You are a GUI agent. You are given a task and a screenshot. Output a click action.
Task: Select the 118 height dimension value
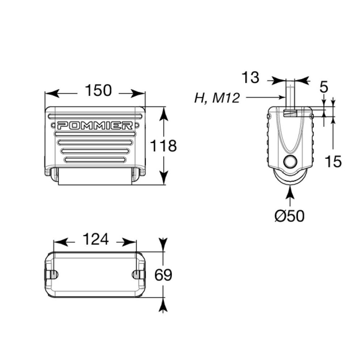pos(164,146)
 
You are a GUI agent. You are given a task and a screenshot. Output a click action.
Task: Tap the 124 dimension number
pos(96,239)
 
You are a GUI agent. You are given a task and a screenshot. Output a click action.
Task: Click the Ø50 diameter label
pos(289,216)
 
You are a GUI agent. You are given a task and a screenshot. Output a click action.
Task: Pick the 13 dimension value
pos(250,78)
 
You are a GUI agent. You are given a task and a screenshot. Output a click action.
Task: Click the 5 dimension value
pos(324,87)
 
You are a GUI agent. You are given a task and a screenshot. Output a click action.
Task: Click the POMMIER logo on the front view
pos(95,126)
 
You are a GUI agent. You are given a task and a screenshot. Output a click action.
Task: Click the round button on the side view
pos(290,161)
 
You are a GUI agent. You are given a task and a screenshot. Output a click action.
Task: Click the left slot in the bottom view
pos(52,274)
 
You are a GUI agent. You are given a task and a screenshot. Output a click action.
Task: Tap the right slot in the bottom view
pos(138,274)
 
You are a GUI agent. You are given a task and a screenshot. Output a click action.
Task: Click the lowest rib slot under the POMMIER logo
pos(96,160)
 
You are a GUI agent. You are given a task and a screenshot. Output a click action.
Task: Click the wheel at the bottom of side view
pos(290,179)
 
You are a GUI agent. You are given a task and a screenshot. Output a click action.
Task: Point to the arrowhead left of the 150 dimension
pos(51,94)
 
